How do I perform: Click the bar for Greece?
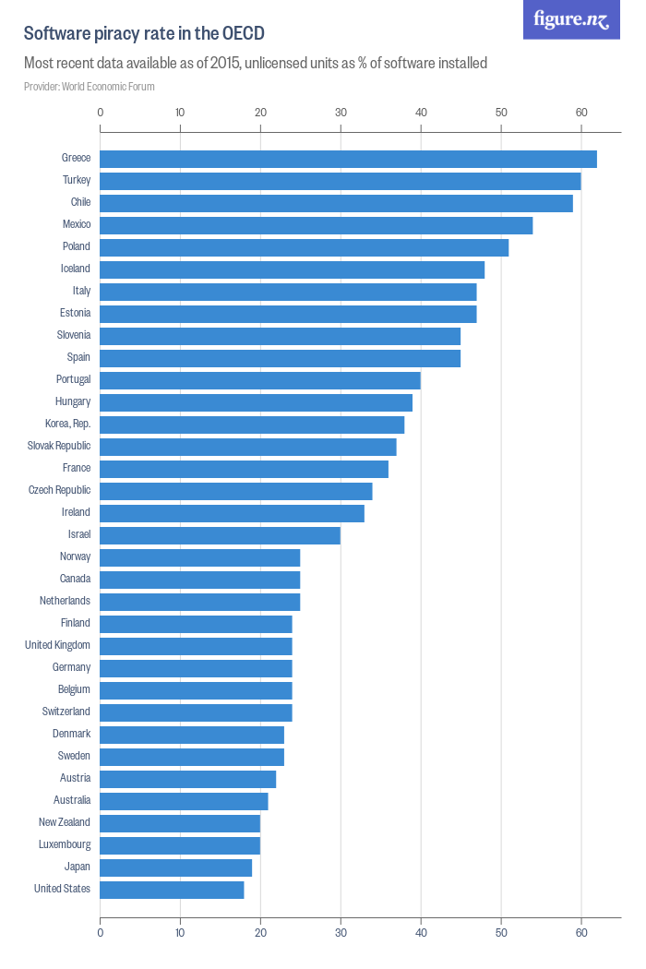coord(348,159)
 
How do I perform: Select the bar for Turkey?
coord(340,181)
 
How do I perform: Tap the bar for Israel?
coord(220,535)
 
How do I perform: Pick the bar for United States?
coord(172,890)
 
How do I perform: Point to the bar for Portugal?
coord(260,380)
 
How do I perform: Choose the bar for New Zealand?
coord(180,823)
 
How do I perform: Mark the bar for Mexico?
coord(316,225)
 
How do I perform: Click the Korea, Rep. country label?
coord(67,424)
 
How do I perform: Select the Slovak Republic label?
coord(59,446)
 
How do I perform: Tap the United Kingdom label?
coord(57,645)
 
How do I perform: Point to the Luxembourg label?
coord(65,844)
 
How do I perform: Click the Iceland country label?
coord(75,269)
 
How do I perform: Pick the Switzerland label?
coord(66,712)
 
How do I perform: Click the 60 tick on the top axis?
coord(581,113)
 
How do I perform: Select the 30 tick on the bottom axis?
coord(341,932)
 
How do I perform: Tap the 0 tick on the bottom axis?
coord(100,932)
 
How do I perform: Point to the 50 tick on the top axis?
coord(501,113)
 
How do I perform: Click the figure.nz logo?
coord(571,19)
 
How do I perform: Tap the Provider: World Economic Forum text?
coord(90,87)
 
